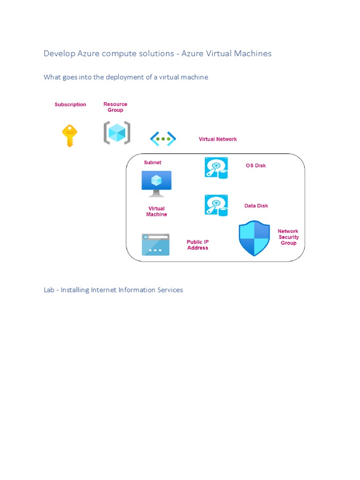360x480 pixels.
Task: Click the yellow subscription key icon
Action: click(69, 135)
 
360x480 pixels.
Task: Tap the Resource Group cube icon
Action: click(117, 133)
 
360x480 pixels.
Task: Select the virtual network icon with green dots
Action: click(163, 139)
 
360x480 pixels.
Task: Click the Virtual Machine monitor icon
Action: click(157, 183)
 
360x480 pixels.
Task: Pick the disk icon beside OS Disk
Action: click(216, 167)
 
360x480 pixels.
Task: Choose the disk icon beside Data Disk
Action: click(216, 205)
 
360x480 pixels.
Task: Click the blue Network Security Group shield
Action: click(255, 238)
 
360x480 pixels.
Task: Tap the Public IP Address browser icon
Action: click(156, 245)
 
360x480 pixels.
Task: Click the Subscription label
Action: click(70, 105)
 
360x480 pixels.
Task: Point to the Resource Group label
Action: click(115, 107)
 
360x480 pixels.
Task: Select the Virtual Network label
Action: click(217, 139)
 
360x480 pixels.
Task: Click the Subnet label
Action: click(152, 163)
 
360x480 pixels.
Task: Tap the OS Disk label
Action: click(256, 165)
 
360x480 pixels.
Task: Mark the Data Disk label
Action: click(256, 206)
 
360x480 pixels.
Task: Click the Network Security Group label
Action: click(288, 237)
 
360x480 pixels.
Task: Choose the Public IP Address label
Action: click(198, 245)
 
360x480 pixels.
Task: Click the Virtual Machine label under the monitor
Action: click(157, 211)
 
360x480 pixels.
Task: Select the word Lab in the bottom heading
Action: click(50, 290)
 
